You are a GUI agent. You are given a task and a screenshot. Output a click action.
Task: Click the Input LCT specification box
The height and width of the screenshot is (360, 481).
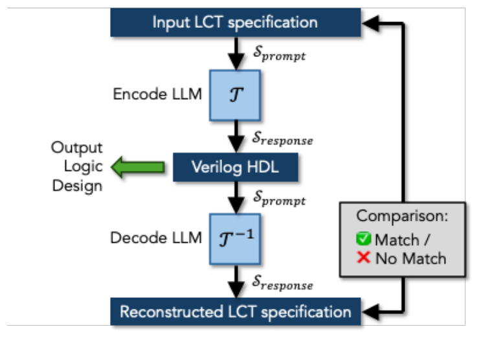click(235, 23)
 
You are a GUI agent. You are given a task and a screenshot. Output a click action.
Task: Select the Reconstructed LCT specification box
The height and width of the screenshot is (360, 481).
click(235, 312)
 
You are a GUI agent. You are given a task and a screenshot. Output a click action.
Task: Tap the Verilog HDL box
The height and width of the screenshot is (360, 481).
click(235, 168)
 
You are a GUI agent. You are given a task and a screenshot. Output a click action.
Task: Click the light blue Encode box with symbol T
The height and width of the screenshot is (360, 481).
click(234, 95)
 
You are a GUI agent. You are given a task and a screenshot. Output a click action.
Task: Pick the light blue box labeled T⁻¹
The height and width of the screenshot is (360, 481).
click(234, 239)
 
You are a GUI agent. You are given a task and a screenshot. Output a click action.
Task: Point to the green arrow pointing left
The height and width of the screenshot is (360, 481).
click(137, 168)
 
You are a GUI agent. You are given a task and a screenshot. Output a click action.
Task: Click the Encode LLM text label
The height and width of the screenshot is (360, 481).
click(157, 95)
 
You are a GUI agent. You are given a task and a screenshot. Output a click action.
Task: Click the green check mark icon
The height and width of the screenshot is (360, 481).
click(364, 239)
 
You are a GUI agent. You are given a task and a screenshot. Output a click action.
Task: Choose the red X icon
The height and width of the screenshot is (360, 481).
click(364, 258)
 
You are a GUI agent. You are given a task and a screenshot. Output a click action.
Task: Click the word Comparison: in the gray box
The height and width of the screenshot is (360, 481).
click(402, 216)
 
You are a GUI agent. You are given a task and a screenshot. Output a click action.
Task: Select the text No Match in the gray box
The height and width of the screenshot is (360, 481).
click(410, 258)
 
